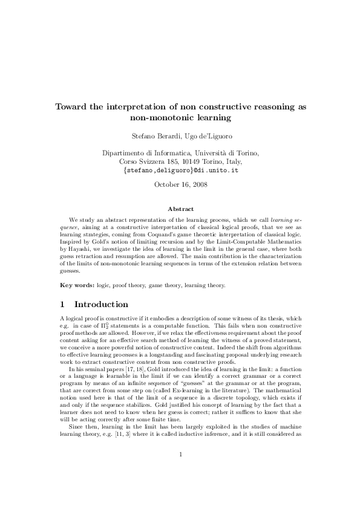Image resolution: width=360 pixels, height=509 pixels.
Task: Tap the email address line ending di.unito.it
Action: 180,170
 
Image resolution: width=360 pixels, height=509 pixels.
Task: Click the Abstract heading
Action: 180,209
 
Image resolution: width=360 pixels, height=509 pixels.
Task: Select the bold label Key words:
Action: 77,285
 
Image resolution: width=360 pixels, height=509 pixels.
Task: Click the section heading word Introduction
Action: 101,303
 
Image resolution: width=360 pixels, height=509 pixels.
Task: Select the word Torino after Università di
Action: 247,154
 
